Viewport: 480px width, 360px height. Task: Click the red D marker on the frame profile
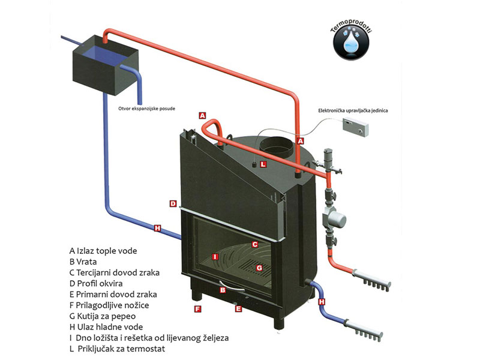click(x=173, y=203)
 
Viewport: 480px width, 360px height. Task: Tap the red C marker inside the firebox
click(x=254, y=244)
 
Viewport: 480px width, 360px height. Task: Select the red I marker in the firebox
click(x=214, y=257)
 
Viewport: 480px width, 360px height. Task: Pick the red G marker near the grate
click(x=259, y=267)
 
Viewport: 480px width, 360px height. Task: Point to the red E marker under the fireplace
click(x=238, y=309)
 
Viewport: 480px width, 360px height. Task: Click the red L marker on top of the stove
click(x=263, y=163)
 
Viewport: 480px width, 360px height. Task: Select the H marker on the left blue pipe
click(x=158, y=228)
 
